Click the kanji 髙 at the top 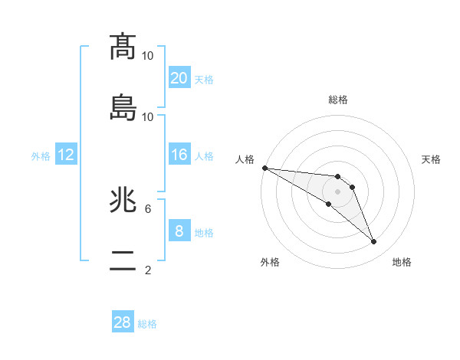tap(123, 47)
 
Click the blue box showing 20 tap(179, 78)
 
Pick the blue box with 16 tap(179, 155)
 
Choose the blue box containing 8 tap(179, 231)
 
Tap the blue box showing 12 tap(66, 155)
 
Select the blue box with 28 tap(123, 322)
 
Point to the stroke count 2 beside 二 tap(148, 270)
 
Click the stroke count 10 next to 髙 tap(148, 56)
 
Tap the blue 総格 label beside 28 tap(147, 324)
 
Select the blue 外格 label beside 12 tap(41, 156)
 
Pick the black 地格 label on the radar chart tap(402, 262)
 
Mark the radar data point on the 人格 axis tap(264, 168)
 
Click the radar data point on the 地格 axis tap(374, 242)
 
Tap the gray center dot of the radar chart tap(337, 191)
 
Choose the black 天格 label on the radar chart tap(431, 159)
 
